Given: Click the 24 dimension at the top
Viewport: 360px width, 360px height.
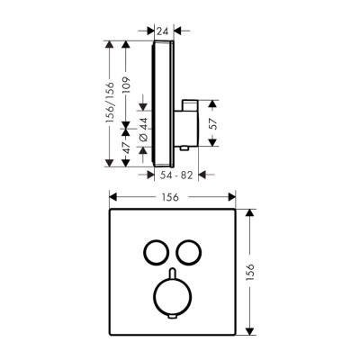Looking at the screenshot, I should pyautogui.click(x=163, y=31).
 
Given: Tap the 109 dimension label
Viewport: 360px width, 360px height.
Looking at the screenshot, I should pyautogui.click(x=128, y=86).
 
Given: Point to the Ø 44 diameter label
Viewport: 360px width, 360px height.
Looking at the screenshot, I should pyautogui.click(x=142, y=129).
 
